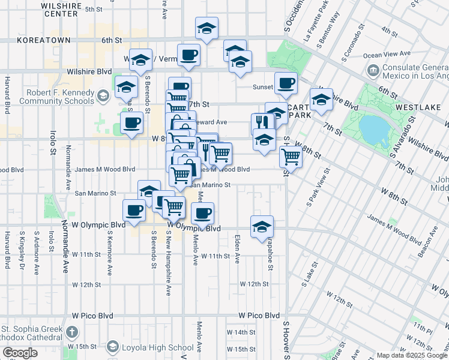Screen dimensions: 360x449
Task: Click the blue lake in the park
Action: point(375,131)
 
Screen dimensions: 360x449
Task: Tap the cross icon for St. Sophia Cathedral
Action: point(71,332)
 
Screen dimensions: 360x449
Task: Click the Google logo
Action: point(20,353)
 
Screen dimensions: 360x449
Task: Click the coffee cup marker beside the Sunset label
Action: point(286,83)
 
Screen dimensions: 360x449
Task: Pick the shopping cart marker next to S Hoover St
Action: point(291,157)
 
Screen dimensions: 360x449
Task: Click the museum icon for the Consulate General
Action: point(373,71)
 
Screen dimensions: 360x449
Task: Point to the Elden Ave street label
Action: point(237,249)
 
